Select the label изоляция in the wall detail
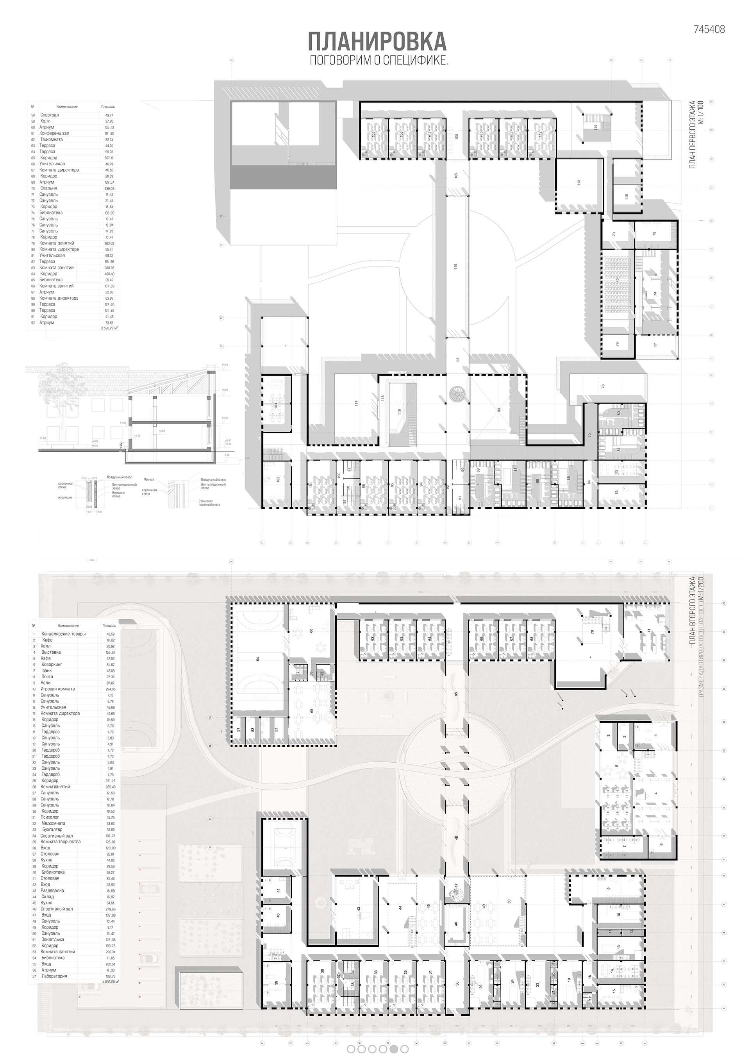click(x=64, y=498)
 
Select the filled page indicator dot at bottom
click(x=393, y=1049)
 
